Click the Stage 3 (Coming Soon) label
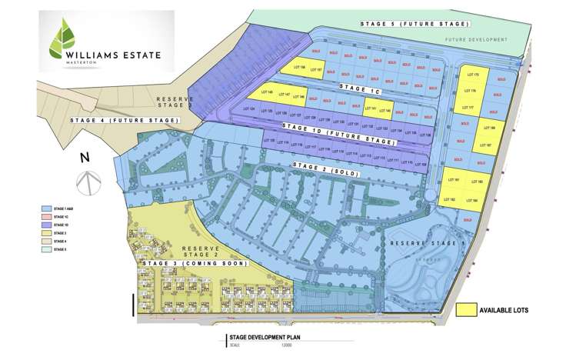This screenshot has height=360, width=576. [194, 263]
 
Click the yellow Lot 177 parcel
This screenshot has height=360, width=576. [471, 108]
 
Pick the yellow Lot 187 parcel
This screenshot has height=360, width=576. [485, 144]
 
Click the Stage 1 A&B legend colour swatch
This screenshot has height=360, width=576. [47, 208]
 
